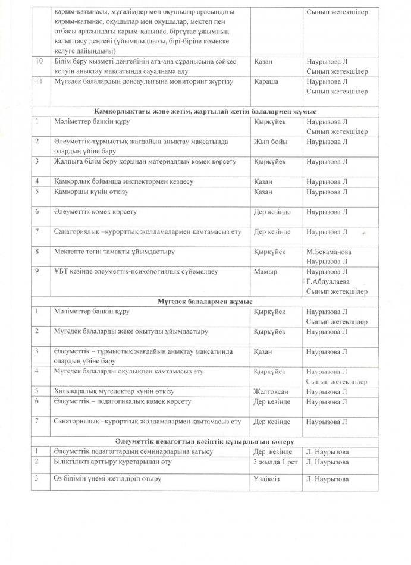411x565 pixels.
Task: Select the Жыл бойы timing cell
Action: click(x=269, y=142)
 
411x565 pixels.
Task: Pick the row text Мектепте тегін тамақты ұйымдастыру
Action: click(x=114, y=252)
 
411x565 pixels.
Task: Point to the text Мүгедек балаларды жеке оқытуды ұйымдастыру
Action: click(x=130, y=331)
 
